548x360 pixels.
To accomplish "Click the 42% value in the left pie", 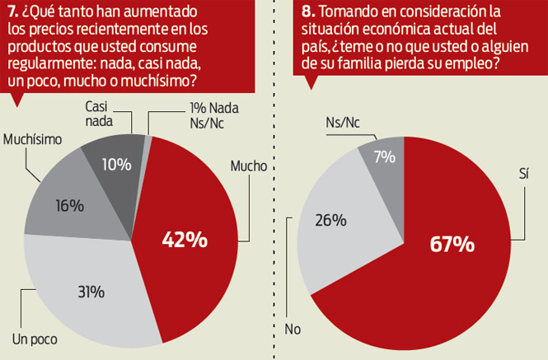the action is [185, 240].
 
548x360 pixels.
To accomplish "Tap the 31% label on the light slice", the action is [91, 292].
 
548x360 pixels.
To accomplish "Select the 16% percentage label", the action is [69, 206].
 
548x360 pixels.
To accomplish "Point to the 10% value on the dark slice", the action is [117, 164].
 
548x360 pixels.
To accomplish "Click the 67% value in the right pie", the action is [452, 244].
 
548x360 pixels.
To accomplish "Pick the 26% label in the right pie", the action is [330, 220].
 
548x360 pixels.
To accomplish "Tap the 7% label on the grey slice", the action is [385, 157].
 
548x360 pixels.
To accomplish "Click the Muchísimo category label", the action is [32, 139].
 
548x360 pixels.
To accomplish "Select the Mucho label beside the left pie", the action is [249, 166].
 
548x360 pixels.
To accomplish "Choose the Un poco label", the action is [35, 339].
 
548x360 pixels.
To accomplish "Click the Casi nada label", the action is [99, 114].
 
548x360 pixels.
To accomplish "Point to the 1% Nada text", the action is [214, 108].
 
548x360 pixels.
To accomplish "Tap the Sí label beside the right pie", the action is [523, 173].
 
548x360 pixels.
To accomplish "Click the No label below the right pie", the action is [293, 329].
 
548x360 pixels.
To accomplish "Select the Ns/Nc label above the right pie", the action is [343, 122].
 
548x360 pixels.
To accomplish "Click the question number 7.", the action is [13, 12].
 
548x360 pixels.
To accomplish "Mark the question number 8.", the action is [308, 12].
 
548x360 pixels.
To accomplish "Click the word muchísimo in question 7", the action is [159, 81].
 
